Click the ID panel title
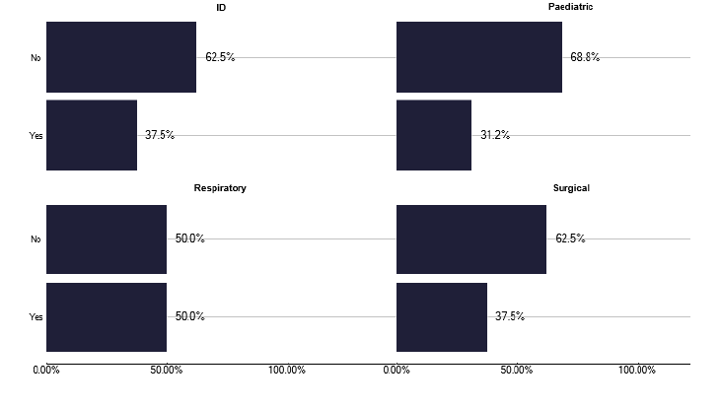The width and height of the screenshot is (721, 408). (222, 8)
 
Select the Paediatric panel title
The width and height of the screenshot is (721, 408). (571, 8)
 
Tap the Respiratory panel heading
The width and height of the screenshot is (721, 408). (220, 188)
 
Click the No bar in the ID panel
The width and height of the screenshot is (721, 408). (121, 57)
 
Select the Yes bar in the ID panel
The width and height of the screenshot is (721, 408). (92, 135)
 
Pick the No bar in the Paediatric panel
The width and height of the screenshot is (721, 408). (479, 57)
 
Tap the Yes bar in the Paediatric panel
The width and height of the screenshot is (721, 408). (434, 135)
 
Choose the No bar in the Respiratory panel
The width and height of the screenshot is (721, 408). (107, 238)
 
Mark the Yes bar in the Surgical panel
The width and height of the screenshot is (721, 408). (442, 316)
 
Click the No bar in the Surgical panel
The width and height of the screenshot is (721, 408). (471, 238)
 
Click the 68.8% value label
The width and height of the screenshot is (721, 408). (585, 57)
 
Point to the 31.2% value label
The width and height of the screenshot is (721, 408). (495, 135)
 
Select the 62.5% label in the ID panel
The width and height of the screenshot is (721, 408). (220, 57)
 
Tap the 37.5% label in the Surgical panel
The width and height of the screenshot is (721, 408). (510, 316)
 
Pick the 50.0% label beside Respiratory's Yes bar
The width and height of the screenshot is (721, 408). (190, 316)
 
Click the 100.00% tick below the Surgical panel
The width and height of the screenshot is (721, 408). (637, 371)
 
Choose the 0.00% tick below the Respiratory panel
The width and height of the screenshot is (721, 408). (46, 371)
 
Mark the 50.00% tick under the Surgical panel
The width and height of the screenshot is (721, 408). (517, 371)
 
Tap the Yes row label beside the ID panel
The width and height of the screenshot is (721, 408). (36, 136)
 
